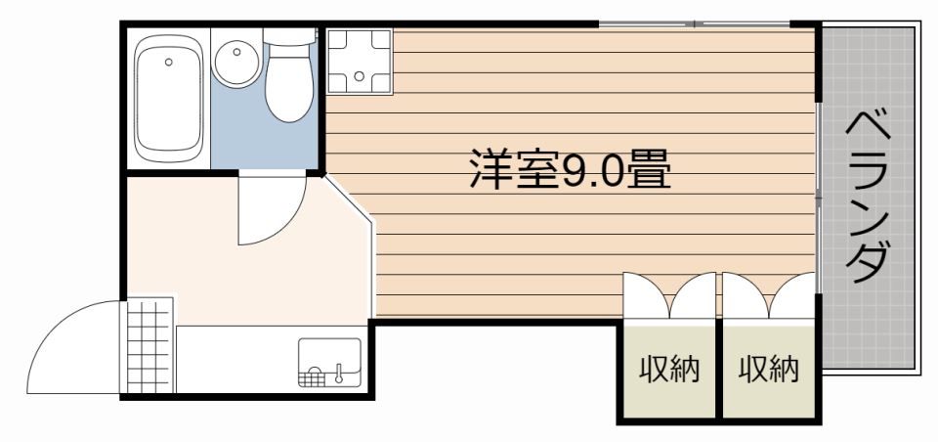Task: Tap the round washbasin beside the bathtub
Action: point(236,65)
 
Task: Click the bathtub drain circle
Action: point(169,62)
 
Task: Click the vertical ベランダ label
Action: point(868,196)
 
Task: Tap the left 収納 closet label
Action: point(669,371)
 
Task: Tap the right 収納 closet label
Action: point(769,371)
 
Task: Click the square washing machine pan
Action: point(360,63)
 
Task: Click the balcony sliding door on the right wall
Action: point(818,196)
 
